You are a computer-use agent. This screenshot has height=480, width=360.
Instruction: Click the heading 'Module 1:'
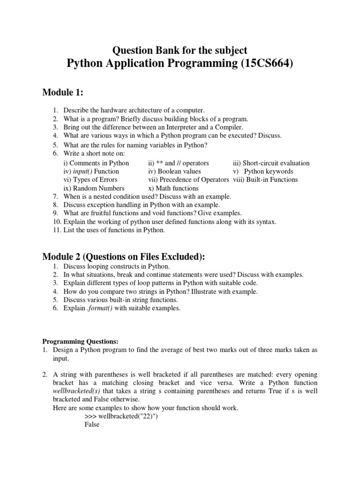tap(62, 92)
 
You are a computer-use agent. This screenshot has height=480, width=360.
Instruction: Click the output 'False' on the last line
tap(92, 425)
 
